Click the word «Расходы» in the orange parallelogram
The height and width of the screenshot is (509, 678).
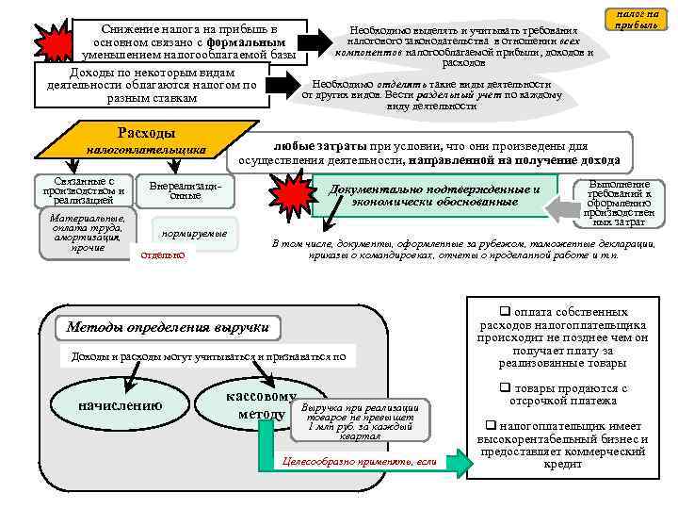(145, 132)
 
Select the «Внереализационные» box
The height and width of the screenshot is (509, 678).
(185, 189)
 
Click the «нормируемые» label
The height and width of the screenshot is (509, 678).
(194, 232)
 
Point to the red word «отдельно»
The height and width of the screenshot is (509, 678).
(163, 255)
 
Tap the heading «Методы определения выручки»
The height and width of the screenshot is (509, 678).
(169, 328)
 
